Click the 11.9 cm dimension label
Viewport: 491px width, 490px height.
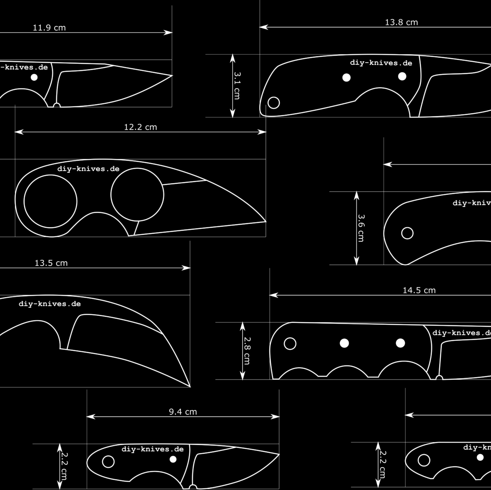tap(49, 28)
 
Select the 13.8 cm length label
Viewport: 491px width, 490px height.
tap(401, 22)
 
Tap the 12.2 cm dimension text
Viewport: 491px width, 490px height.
tap(140, 127)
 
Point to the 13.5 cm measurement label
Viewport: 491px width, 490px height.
tap(51, 263)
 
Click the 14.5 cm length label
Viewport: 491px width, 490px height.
tap(419, 290)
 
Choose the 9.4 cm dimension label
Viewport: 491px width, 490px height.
tap(183, 412)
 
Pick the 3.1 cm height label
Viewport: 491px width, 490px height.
tap(237, 85)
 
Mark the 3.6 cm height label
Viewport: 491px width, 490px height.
tap(361, 228)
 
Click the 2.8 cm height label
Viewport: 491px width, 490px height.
tap(246, 351)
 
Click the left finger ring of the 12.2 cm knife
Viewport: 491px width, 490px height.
tap(50, 201)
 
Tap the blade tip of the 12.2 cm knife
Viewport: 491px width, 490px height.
tap(265, 221)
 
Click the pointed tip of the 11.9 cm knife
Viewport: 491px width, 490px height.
tap(171, 76)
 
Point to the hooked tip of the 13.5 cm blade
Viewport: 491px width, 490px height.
tap(190, 386)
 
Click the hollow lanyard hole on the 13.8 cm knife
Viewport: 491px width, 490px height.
tap(273, 102)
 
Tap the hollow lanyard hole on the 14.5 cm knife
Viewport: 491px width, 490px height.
tap(290, 344)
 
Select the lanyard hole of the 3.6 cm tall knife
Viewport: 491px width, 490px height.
tap(407, 233)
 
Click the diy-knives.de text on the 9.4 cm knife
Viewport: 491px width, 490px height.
tap(153, 449)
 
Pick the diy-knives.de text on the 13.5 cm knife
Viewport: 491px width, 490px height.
tap(50, 304)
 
